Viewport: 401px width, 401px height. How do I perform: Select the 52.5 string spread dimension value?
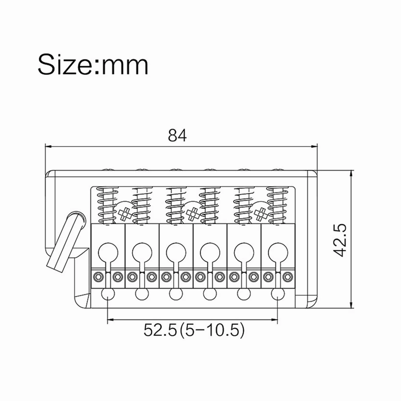[160, 330]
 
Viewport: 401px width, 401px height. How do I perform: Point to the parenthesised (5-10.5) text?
[211, 330]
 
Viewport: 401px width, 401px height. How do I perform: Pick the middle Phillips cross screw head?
[192, 213]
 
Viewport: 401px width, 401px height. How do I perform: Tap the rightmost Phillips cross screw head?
[260, 213]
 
